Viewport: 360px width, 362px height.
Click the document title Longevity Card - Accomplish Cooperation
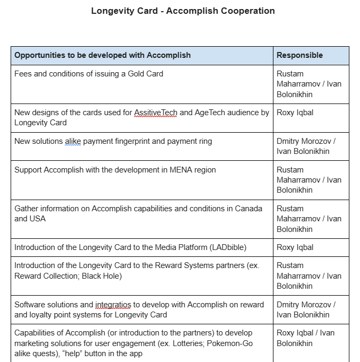[x=183, y=11]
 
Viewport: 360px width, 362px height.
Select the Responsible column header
[x=299, y=55]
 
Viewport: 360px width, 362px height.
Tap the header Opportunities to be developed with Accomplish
[x=102, y=55]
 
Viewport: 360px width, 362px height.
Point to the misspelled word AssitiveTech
[x=155, y=113]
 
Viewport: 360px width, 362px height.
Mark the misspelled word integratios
[x=113, y=305]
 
